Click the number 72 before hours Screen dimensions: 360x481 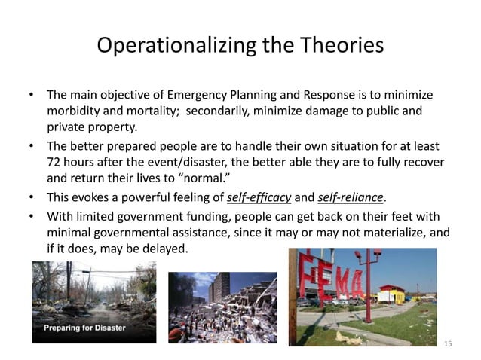pos(54,163)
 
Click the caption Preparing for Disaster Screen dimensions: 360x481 pos(84,328)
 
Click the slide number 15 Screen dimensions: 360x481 pos(448,343)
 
